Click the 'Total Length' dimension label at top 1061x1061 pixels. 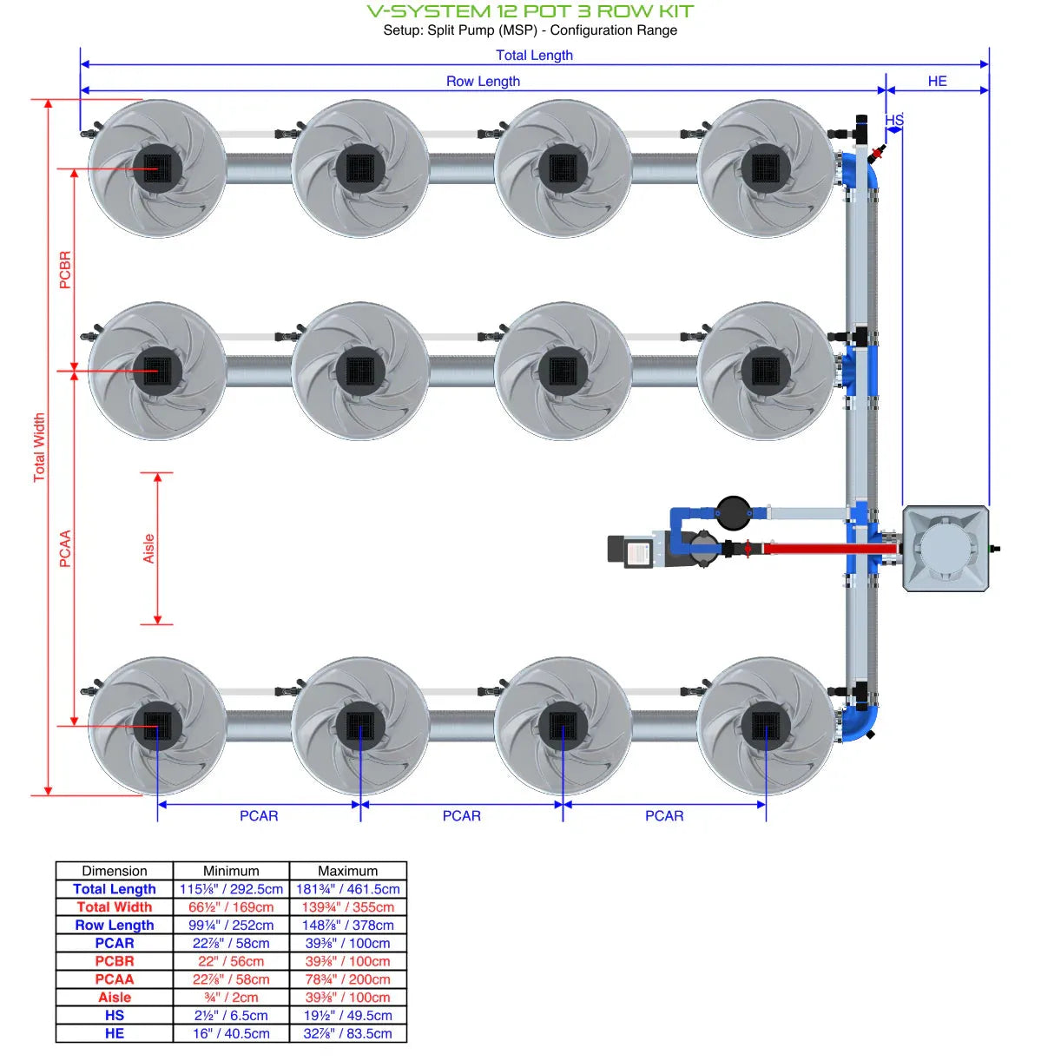tap(534, 55)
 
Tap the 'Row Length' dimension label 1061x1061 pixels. tap(483, 81)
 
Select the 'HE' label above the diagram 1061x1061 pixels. tap(937, 81)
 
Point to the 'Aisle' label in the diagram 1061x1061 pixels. tap(148, 549)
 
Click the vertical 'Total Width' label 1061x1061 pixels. tap(39, 447)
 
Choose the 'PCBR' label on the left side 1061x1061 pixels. tap(65, 270)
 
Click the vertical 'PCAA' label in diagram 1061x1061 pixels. tap(65, 549)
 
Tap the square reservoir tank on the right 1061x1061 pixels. tap(946, 549)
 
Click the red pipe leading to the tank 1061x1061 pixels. tap(807, 549)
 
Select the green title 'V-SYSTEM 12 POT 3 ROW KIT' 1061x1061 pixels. tap(530, 11)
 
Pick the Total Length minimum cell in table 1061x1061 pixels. tap(231, 889)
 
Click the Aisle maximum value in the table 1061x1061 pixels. tap(347, 998)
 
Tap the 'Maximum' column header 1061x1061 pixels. tap(347, 871)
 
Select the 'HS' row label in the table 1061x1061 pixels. tap(115, 1016)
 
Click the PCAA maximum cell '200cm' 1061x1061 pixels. tap(347, 979)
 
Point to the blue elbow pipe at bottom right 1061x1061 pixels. tap(861, 721)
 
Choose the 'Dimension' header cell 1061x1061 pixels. tap(115, 871)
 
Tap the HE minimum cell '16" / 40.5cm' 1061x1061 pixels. tap(231, 1034)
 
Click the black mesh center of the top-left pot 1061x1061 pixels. tap(157, 168)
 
